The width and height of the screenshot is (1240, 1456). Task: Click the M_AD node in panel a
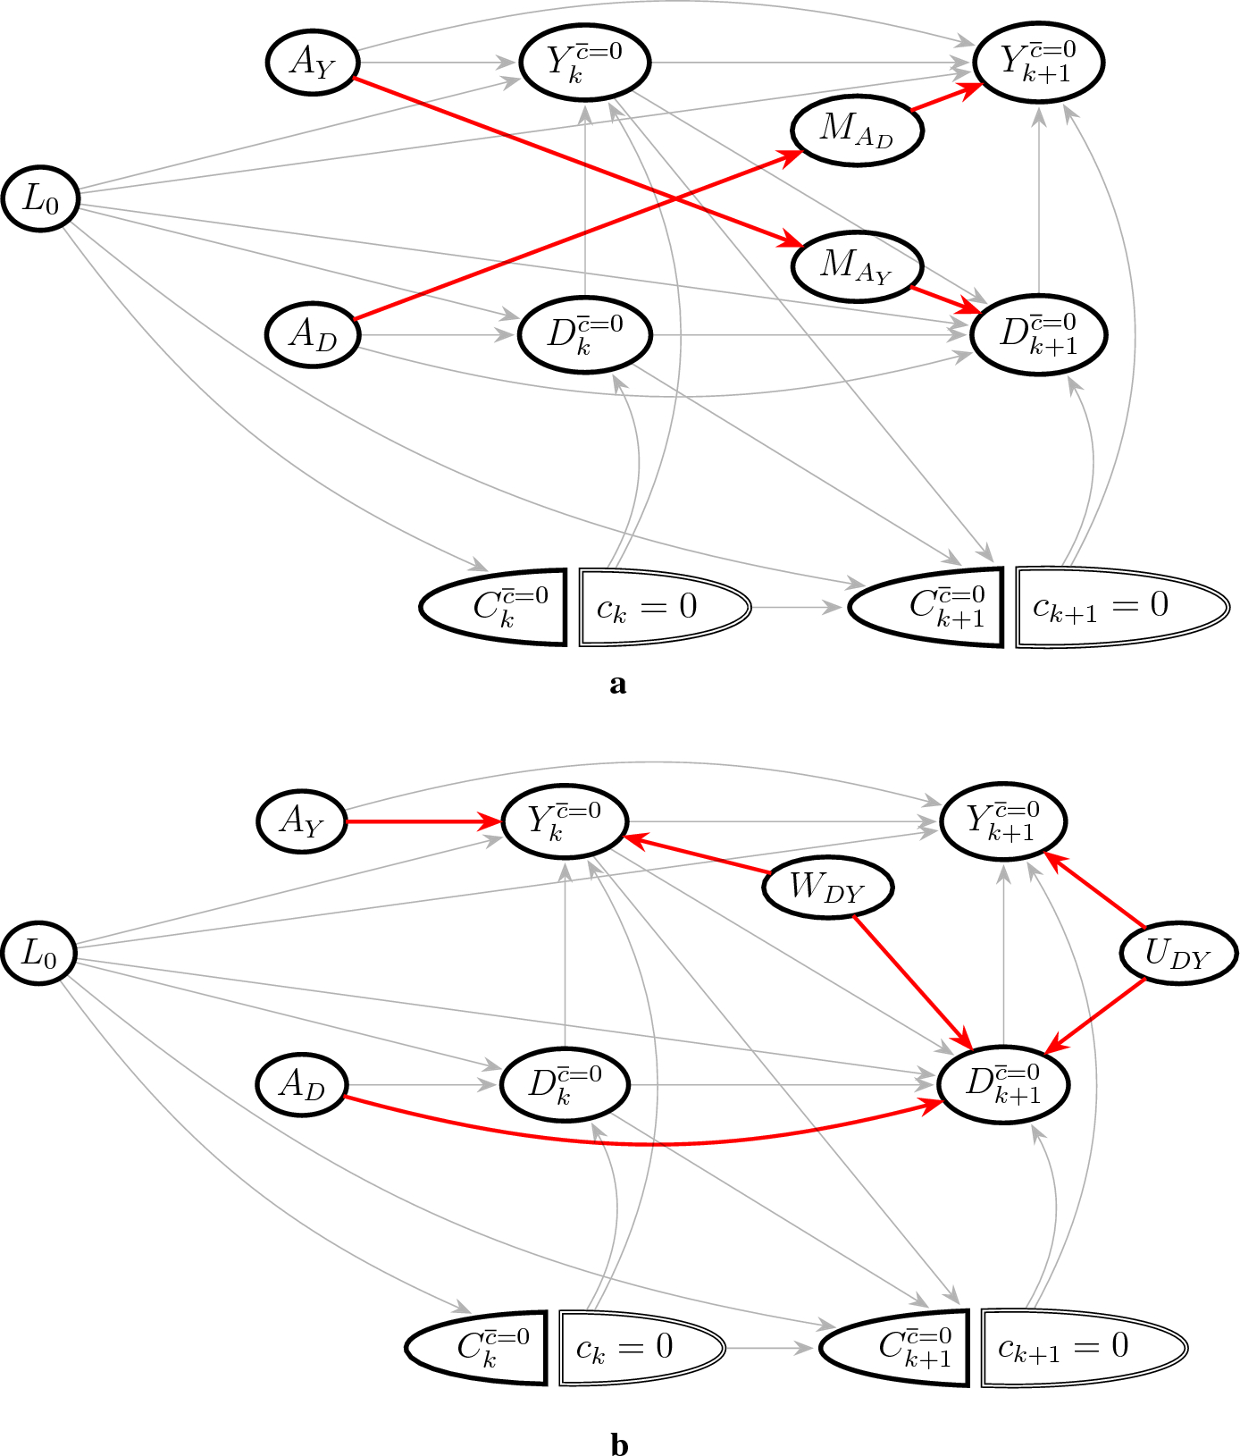point(857,130)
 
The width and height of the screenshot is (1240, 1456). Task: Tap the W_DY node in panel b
point(828,887)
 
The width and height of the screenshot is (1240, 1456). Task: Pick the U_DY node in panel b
point(1178,955)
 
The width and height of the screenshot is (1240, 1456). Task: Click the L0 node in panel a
point(41,198)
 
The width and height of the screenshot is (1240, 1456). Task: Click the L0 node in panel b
point(38,953)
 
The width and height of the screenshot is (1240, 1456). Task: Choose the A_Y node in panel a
point(313,62)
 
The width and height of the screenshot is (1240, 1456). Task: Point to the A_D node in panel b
point(302,1084)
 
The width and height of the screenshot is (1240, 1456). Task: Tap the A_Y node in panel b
point(302,821)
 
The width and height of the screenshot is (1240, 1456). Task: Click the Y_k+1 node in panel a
point(1039,62)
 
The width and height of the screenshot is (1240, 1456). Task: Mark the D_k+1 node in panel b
point(1003,1084)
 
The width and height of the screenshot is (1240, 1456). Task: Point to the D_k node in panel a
point(585,335)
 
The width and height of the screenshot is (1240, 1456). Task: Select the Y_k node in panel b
point(565,821)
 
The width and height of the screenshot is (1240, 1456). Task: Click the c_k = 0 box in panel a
point(665,607)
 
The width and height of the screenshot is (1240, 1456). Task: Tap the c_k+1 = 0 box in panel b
point(1085,1347)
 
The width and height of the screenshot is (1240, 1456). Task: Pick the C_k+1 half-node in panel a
point(926,607)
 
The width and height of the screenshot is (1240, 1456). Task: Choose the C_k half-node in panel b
point(476,1347)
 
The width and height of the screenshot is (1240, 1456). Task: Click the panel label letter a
point(617,685)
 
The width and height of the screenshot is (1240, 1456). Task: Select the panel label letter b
point(619,1443)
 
